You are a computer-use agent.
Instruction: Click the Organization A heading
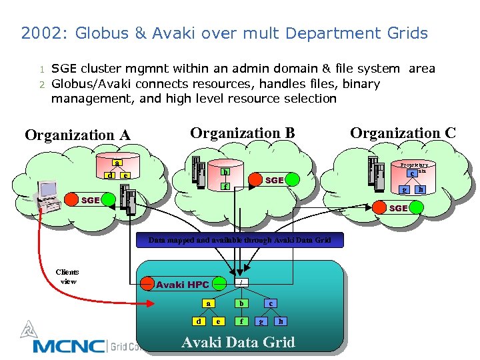click(x=77, y=135)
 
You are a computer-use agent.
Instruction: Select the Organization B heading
click(x=242, y=133)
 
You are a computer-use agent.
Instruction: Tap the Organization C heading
click(x=403, y=133)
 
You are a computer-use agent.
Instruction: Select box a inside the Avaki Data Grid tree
click(x=208, y=303)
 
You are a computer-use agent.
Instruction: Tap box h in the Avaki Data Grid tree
click(x=281, y=321)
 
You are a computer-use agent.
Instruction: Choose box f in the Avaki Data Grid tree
click(x=241, y=321)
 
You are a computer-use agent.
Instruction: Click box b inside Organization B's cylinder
click(x=225, y=173)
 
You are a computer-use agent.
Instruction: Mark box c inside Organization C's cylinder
click(x=413, y=173)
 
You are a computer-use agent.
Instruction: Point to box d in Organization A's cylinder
click(x=109, y=175)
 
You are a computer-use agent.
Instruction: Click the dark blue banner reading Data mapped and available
click(x=239, y=240)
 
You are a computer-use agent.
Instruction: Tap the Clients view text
click(x=67, y=277)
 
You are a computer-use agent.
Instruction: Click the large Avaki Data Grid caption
click(x=238, y=343)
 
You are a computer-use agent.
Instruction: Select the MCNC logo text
click(x=69, y=346)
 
